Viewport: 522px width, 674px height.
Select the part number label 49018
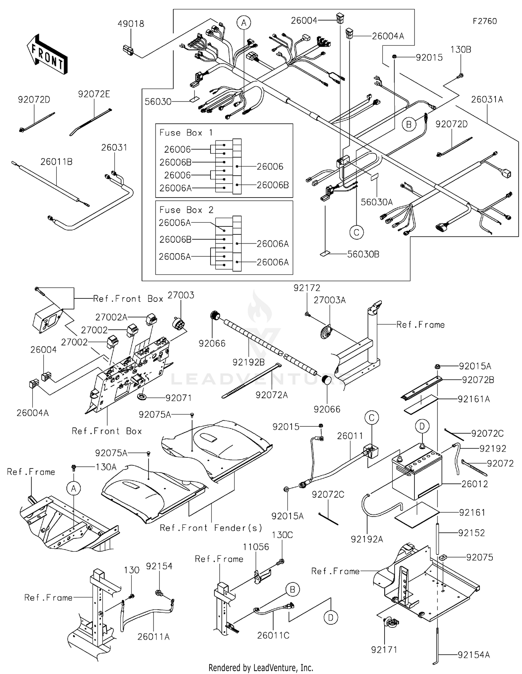point(130,24)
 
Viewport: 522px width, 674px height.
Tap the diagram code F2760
point(484,21)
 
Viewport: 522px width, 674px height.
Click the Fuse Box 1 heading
point(186,133)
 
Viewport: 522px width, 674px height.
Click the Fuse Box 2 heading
point(186,210)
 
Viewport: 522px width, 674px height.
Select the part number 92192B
point(248,362)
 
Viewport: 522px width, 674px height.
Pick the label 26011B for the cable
point(56,162)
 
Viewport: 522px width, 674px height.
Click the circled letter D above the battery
point(422,426)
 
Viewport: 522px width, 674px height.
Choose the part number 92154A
point(474,655)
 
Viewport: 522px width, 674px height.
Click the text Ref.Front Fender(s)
point(211,528)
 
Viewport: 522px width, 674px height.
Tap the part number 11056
point(256,547)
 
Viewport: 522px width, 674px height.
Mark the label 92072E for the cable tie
point(94,94)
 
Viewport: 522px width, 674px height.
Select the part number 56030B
point(363,254)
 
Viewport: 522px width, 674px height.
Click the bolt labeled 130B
point(460,75)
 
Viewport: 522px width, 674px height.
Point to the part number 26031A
point(487,99)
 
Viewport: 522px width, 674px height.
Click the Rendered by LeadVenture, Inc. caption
point(261,667)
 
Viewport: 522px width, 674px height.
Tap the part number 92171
point(384,649)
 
